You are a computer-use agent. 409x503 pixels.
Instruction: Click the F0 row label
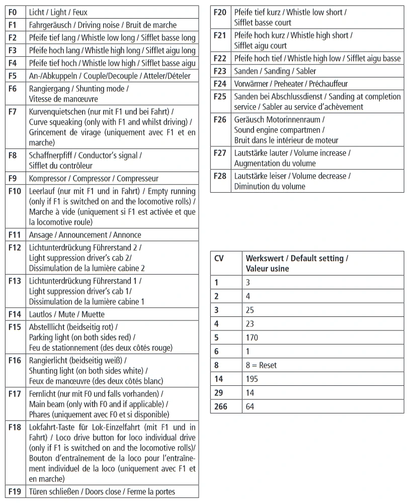[13, 12]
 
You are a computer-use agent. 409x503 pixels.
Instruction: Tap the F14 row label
[15, 314]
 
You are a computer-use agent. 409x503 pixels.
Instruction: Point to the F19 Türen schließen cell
[102, 491]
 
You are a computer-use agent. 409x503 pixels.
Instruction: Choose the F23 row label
[220, 71]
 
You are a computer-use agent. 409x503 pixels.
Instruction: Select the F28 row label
[220, 176]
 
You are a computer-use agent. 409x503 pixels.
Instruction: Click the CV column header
[219, 258]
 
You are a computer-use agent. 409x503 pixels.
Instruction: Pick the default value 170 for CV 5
[252, 338]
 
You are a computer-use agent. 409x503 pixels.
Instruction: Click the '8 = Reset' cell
[261, 365]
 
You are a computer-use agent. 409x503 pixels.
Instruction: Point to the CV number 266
[221, 406]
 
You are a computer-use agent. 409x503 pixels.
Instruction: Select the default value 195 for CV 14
[252, 379]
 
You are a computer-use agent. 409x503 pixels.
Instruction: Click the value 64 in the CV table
[250, 406]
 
